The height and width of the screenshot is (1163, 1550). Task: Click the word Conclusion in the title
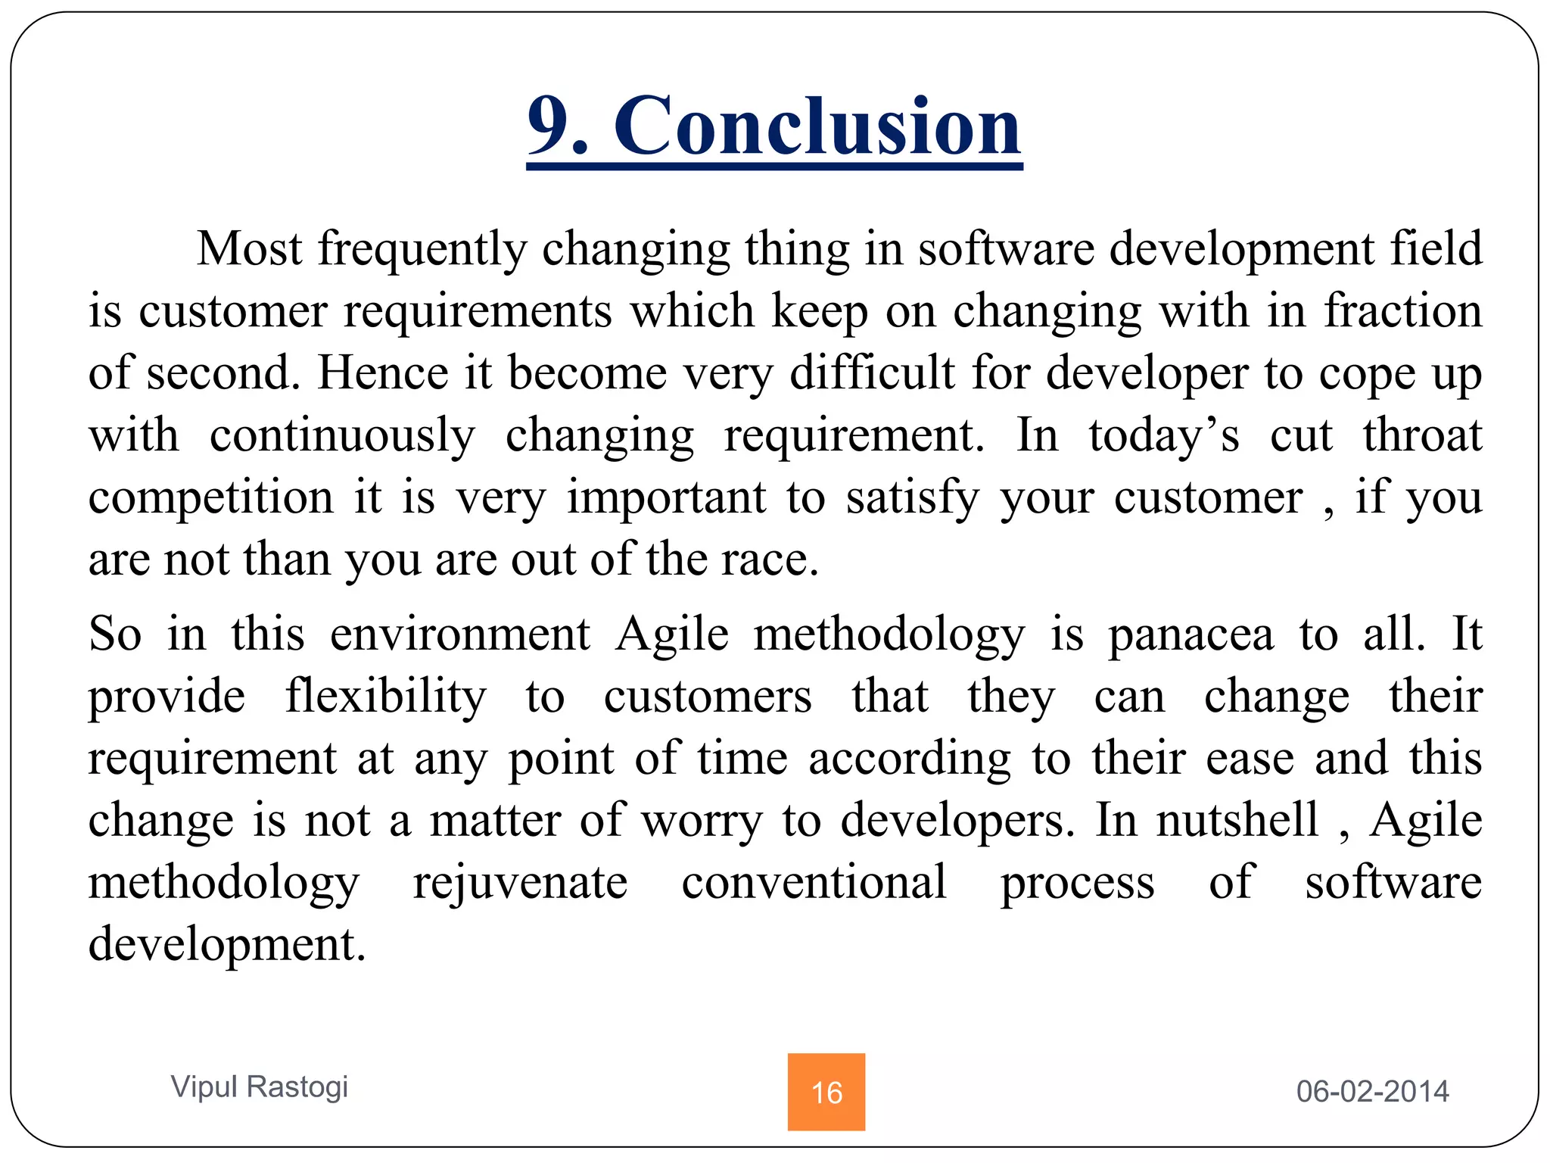click(817, 127)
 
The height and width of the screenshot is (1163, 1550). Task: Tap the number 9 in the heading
click(551, 127)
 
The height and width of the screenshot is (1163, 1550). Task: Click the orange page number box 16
click(826, 1091)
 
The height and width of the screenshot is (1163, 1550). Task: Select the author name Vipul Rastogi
click(260, 1087)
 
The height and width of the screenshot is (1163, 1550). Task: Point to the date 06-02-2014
click(1372, 1091)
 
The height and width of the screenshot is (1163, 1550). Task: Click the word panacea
click(1191, 635)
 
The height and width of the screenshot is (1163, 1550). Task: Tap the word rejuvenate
click(520, 883)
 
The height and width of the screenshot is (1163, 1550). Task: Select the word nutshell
click(1238, 821)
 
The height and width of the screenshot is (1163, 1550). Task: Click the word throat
click(1422, 436)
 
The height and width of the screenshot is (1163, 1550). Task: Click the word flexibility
click(386, 697)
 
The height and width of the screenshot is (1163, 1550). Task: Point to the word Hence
click(383, 373)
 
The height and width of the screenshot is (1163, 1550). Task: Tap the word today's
click(1164, 436)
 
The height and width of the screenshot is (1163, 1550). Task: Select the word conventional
click(814, 883)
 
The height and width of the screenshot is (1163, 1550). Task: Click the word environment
click(459, 635)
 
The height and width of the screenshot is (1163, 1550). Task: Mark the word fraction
click(1402, 311)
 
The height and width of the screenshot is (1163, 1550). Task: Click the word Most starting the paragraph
click(249, 249)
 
